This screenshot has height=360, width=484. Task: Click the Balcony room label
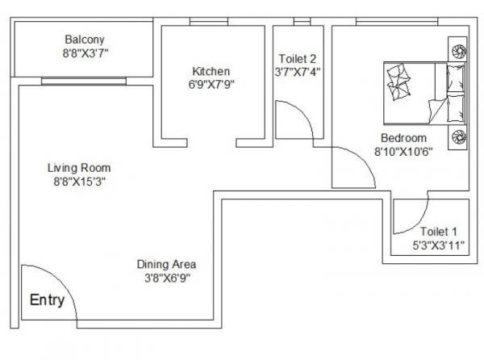[85, 39]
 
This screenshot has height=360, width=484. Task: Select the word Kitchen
[211, 71]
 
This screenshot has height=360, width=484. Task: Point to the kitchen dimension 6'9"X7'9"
[211, 85]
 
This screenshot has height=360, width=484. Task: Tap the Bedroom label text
[403, 136]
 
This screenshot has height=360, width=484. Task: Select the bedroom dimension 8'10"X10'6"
[403, 151]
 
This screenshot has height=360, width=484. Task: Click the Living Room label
[79, 168]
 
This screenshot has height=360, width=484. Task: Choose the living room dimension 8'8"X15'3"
[79, 182]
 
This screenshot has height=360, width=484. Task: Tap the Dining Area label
[166, 264]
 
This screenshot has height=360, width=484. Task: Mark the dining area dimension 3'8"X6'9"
[166, 278]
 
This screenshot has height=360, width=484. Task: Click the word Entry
[47, 300]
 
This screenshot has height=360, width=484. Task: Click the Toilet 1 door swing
[411, 216]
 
